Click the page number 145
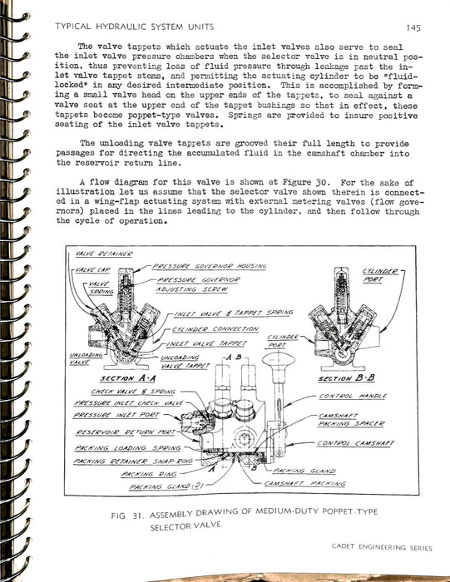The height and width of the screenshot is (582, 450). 413,27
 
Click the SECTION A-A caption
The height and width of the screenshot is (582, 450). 128,378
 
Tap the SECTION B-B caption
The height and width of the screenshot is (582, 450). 346,378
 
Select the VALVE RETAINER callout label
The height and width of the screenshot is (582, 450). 104,254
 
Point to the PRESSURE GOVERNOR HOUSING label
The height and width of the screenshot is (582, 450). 210,266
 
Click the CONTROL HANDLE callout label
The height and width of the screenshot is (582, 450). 353,396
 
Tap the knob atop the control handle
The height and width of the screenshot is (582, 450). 279,359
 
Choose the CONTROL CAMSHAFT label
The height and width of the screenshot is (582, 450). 356,443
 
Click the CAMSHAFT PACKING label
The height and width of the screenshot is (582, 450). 304,484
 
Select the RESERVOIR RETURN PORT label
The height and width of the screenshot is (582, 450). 125,432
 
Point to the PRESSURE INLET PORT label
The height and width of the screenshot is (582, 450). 116,415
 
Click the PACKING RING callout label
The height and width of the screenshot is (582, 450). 149,474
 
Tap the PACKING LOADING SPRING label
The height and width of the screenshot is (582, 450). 127,448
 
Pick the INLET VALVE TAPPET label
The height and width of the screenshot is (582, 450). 206,343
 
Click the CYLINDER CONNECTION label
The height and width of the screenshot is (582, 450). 215,329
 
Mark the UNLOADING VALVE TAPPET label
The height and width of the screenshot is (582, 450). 185,362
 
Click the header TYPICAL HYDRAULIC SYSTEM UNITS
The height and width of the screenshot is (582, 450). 135,27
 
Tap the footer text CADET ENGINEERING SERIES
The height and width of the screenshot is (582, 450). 382,547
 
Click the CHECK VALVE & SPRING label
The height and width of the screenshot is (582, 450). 133,392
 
